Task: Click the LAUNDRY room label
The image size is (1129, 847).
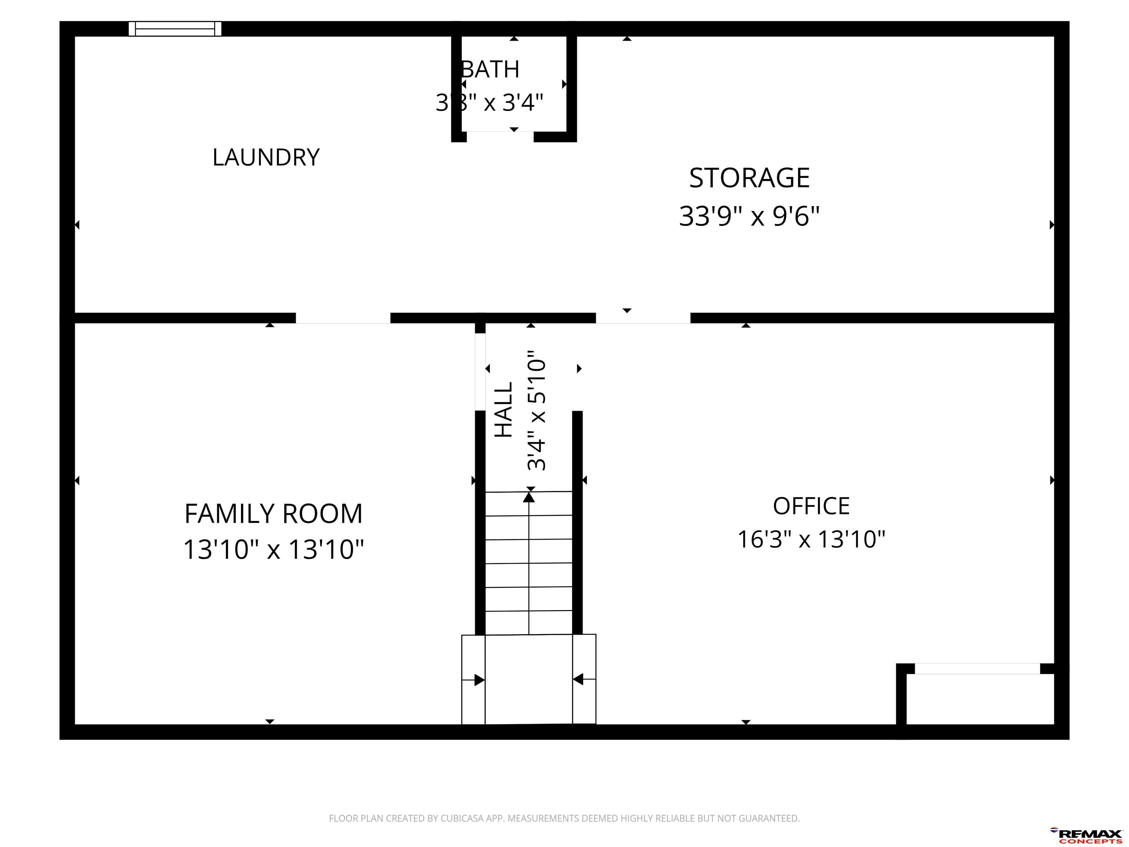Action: (x=266, y=157)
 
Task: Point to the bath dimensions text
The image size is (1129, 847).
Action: (x=489, y=103)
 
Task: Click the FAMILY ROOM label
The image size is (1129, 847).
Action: (x=273, y=514)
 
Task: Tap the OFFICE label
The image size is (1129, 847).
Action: (x=811, y=506)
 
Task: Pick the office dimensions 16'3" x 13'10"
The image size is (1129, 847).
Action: (x=811, y=539)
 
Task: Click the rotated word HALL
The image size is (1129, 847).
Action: (x=504, y=410)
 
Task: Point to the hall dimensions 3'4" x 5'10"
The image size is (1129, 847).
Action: (x=537, y=410)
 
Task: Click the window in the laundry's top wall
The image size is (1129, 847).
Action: (x=175, y=29)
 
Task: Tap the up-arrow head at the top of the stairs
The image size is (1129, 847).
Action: (x=529, y=496)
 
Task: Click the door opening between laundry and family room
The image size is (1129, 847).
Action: (x=343, y=318)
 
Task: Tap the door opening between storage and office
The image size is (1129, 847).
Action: (x=643, y=318)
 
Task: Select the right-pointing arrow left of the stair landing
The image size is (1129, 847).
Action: (x=473, y=680)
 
